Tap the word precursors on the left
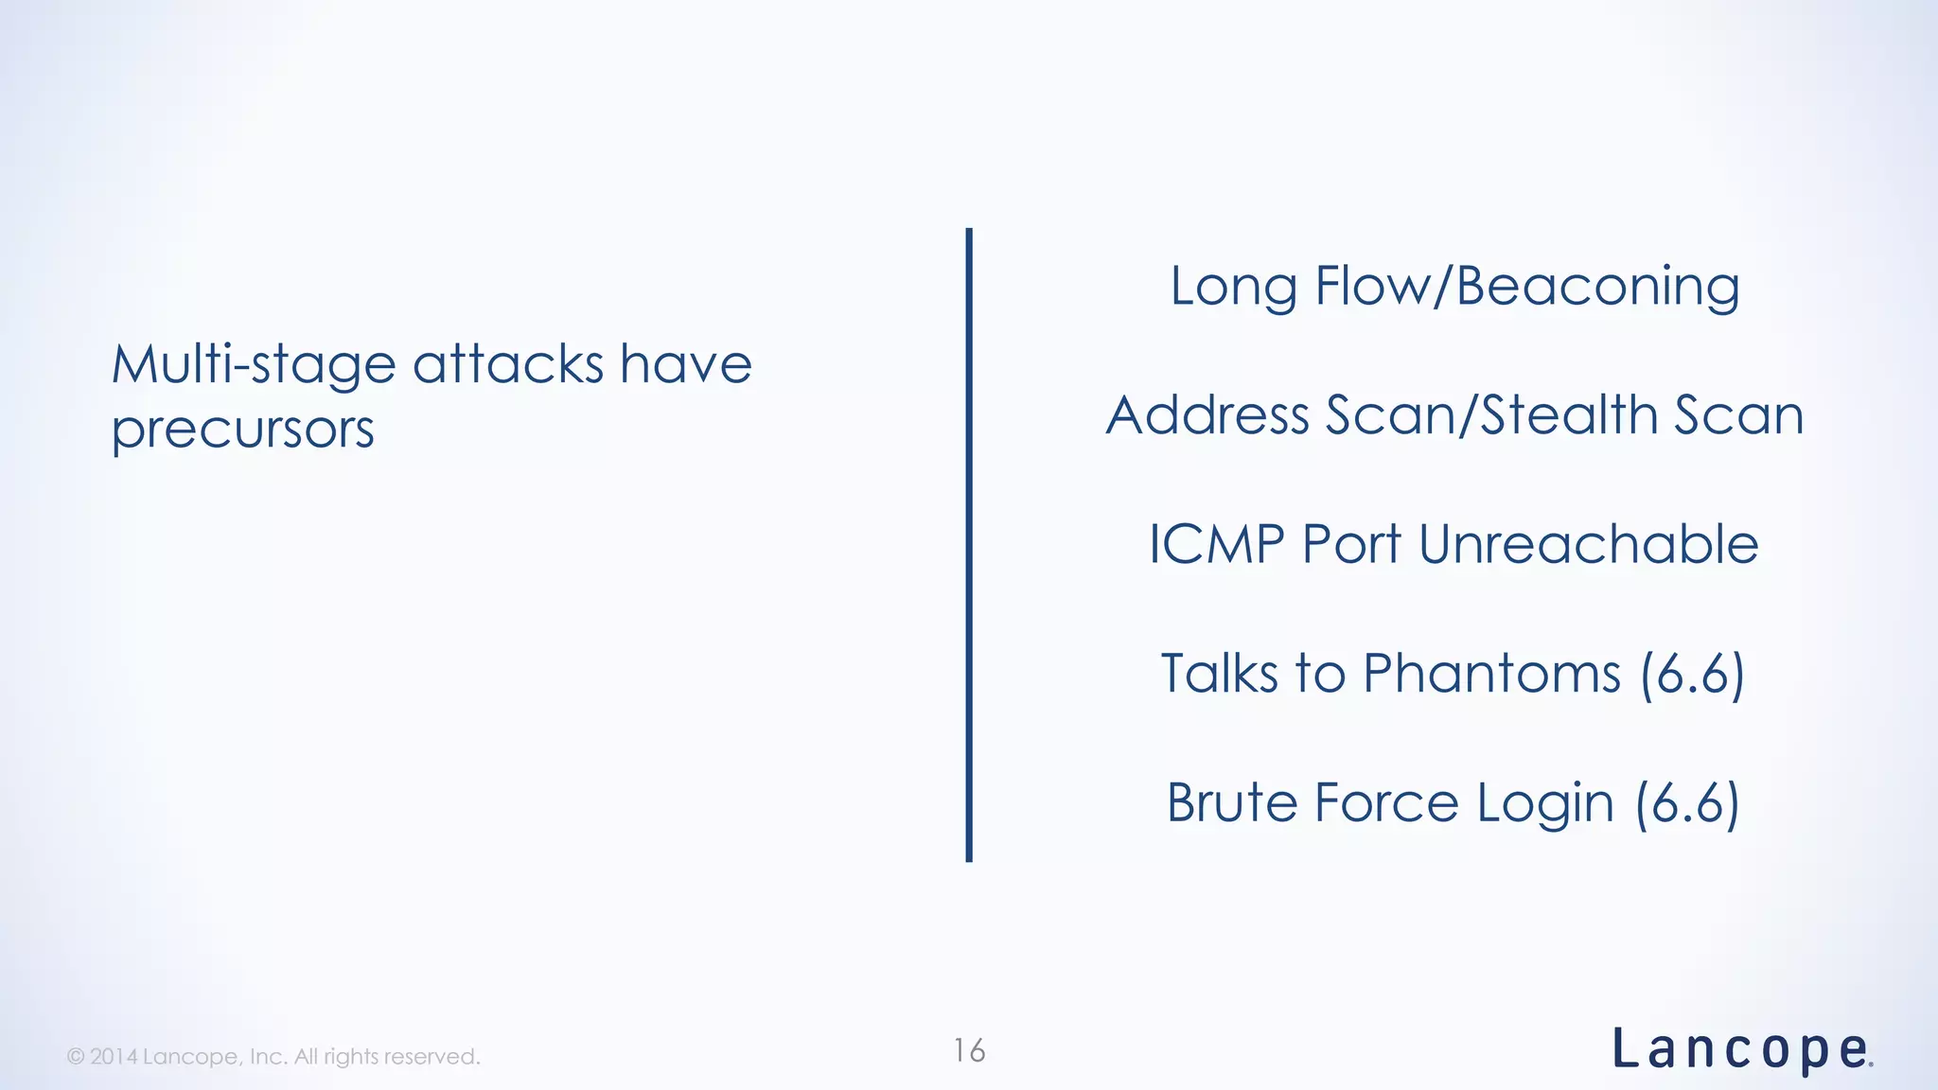click(x=243, y=431)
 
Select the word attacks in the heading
click(x=508, y=365)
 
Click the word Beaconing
click(x=1597, y=287)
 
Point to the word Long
click(x=1233, y=287)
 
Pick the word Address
click(x=1207, y=415)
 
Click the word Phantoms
click(x=1491, y=674)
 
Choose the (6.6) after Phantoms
click(x=1692, y=676)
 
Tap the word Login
click(x=1545, y=805)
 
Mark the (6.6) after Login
click(x=1688, y=805)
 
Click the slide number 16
click(x=969, y=1051)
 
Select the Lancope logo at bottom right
click(x=1741, y=1051)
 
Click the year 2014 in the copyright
click(x=114, y=1057)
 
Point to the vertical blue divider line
click(x=969, y=545)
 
